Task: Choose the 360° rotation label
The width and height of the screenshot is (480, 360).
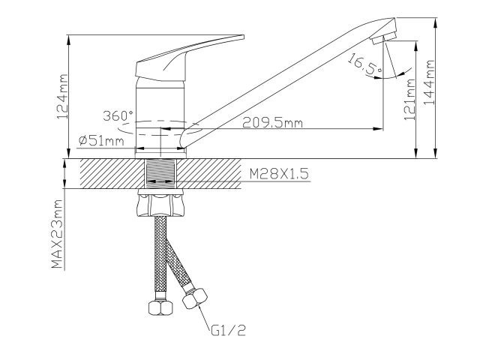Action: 118,115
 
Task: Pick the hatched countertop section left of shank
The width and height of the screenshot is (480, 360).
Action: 105,175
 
